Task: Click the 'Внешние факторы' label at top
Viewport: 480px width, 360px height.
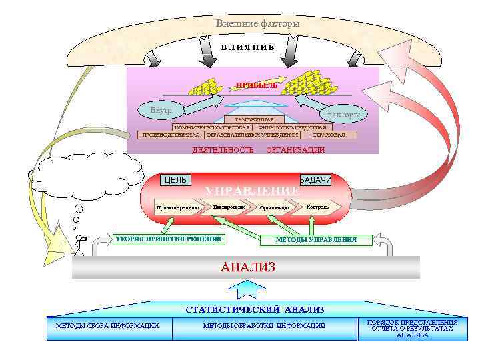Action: pyautogui.click(x=257, y=24)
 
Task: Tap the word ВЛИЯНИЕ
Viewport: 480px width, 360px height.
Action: pyautogui.click(x=247, y=47)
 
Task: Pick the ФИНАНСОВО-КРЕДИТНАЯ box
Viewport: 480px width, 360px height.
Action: pyautogui.click(x=292, y=127)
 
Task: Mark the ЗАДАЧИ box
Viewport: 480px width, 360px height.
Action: pyautogui.click(x=315, y=180)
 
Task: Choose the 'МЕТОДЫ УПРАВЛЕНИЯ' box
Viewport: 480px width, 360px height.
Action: pyautogui.click(x=316, y=239)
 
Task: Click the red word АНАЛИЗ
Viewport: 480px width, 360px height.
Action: pyautogui.click(x=247, y=267)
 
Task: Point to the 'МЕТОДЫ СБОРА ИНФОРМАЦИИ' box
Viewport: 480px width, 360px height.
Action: pyautogui.click(x=107, y=326)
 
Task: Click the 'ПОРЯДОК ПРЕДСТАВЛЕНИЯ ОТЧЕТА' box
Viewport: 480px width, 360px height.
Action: pyautogui.click(x=412, y=329)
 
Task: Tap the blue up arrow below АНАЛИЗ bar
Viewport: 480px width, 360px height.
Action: pyautogui.click(x=247, y=289)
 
